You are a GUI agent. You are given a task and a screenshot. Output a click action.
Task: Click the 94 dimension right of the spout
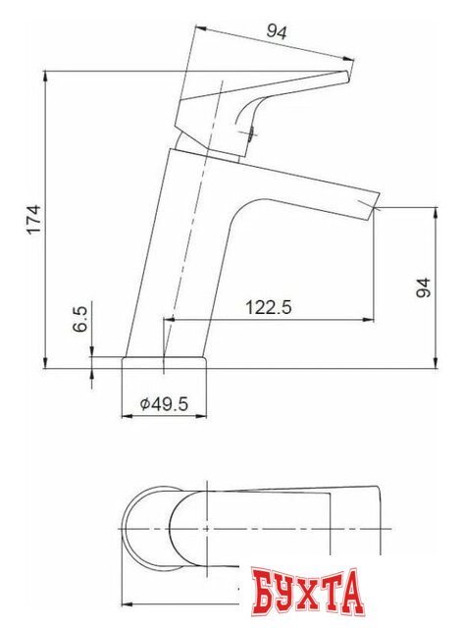pyautogui.click(x=423, y=288)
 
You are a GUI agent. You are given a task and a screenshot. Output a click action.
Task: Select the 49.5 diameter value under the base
pyautogui.click(x=169, y=404)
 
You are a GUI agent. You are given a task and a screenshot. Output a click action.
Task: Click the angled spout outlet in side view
pyautogui.click(x=371, y=205)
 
